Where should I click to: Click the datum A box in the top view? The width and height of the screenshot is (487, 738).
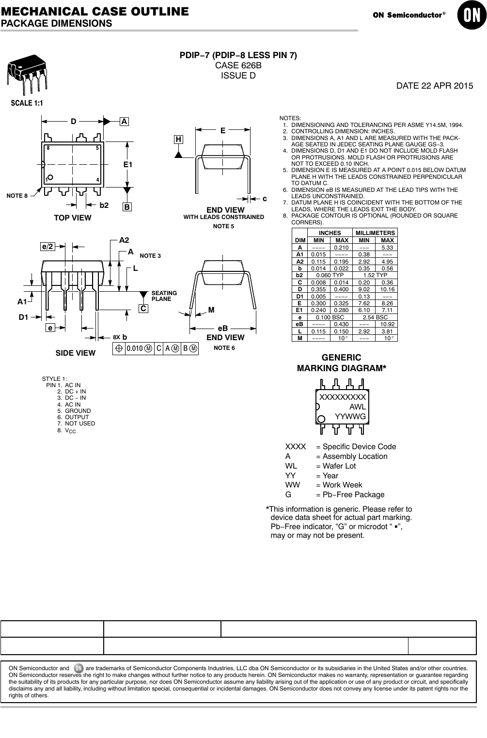125,122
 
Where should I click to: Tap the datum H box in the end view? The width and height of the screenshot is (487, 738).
179,140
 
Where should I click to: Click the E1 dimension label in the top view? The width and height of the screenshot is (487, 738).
127,165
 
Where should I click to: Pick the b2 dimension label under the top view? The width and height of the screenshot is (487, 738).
104,205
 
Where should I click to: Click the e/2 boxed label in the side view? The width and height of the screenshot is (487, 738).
47,247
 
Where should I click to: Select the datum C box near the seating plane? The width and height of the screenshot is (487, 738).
143,309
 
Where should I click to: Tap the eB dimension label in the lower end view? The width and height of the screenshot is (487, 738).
222,328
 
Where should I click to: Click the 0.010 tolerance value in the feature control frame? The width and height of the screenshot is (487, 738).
134,348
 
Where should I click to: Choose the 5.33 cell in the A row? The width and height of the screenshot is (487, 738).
387,247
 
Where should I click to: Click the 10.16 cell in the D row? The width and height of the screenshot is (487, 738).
387,289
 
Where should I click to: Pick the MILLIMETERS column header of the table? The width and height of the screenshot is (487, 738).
376,233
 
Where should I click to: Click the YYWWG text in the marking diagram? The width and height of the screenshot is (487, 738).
350,417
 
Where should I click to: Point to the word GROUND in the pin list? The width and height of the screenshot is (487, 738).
78,411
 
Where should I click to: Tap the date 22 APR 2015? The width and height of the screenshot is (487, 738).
435,86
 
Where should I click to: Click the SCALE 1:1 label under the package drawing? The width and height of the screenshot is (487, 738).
27,103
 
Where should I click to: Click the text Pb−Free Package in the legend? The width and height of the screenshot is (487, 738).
353,495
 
